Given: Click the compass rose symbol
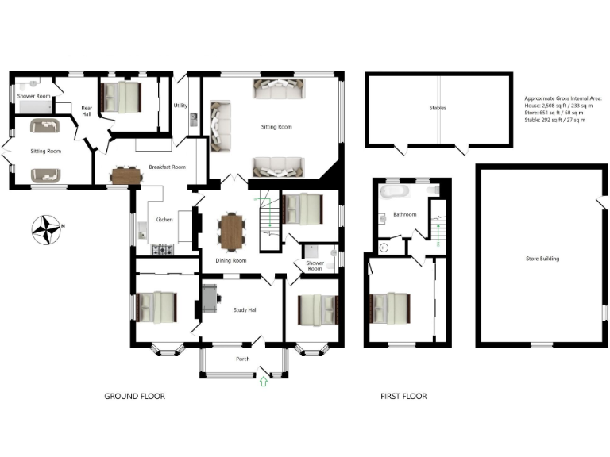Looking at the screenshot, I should [x=47, y=228].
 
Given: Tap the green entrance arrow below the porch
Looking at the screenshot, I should [x=264, y=382].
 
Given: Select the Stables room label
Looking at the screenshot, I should [x=438, y=108].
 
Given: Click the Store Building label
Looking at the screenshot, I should [x=542, y=258].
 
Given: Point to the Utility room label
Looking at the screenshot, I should [x=180, y=105].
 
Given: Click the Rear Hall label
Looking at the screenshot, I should [x=87, y=110].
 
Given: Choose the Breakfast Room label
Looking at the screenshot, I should [x=167, y=167].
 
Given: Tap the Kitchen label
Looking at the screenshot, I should [x=164, y=219].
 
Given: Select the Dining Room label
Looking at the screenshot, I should [x=231, y=260].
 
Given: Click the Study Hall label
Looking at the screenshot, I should [x=243, y=309].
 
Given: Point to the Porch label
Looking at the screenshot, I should [x=243, y=359].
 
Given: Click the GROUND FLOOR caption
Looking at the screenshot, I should [x=135, y=396].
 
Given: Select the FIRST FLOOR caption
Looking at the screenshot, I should [x=403, y=396].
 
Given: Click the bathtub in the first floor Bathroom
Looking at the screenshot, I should [x=393, y=193].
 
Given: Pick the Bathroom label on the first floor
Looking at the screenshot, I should [x=405, y=214].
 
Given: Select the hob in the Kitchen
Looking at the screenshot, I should [x=164, y=250].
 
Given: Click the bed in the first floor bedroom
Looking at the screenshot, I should [x=391, y=308].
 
